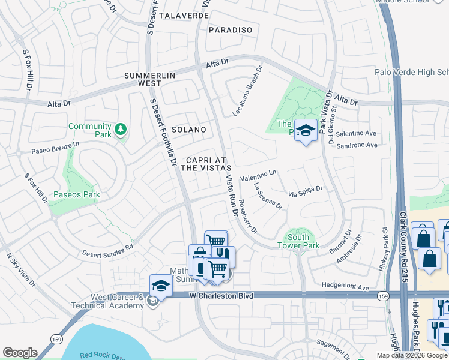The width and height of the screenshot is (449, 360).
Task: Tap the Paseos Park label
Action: tap(76, 194)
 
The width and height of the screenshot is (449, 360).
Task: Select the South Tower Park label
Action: tap(298, 241)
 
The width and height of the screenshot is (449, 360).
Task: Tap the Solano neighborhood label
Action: tap(189, 130)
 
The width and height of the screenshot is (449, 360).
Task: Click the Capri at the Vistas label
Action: tap(206, 164)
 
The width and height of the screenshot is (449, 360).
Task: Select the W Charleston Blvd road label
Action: tap(221, 296)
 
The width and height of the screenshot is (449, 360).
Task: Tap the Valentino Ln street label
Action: tap(258, 175)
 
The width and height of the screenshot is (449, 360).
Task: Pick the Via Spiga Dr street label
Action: tap(306, 191)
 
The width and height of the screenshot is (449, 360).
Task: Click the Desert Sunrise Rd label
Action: tap(108, 249)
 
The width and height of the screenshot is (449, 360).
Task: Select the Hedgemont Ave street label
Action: tap(345, 287)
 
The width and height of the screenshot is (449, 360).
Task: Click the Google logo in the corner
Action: tap(20, 353)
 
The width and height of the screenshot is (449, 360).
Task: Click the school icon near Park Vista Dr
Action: tap(306, 131)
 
